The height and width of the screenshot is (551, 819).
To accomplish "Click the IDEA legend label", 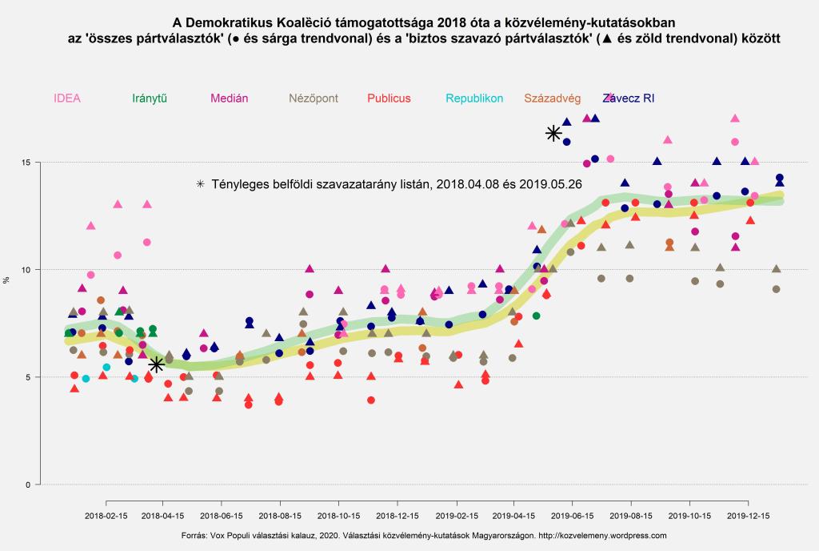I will pos(67,99).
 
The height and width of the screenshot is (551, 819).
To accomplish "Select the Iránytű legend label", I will pos(150,99).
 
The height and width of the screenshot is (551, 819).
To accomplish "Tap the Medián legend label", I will pos(230,99).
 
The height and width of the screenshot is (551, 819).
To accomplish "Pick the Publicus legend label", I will pos(389,99).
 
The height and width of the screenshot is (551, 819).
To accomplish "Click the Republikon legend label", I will pos(474,99).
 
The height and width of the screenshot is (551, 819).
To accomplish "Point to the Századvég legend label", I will pos(553,99).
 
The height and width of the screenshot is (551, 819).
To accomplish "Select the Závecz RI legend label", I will pos(629,99).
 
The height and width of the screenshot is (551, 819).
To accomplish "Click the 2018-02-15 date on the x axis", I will pos(106,517).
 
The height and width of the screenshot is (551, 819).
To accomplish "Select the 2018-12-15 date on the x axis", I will pos(397,517).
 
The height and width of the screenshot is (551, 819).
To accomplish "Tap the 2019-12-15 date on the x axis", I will pos(748,517).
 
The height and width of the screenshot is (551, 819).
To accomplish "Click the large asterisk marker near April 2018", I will pos(157,364).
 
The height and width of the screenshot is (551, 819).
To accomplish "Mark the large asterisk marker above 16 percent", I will pos(553,133).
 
